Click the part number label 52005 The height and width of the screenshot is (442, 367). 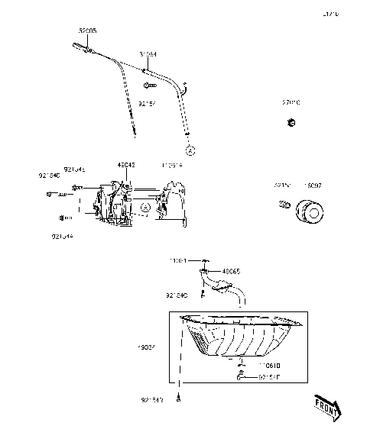(x=88, y=31)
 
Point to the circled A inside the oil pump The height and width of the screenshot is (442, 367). (x=145, y=207)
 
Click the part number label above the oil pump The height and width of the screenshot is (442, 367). (x=126, y=164)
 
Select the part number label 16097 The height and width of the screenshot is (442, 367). (x=313, y=185)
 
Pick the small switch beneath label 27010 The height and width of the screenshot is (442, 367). (x=291, y=122)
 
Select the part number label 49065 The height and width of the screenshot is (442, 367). (x=231, y=270)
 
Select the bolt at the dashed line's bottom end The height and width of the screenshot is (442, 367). (x=179, y=417)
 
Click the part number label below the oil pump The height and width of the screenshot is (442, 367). (x=63, y=237)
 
